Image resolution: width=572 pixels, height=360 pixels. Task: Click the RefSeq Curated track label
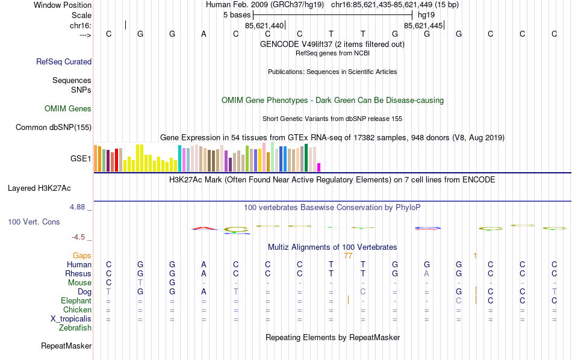(x=64, y=61)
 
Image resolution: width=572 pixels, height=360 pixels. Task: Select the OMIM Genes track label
(x=68, y=109)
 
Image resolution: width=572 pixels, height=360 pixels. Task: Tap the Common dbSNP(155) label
(x=54, y=127)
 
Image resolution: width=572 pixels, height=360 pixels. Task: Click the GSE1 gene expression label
(x=81, y=159)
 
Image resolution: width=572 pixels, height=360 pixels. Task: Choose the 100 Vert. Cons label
(x=34, y=222)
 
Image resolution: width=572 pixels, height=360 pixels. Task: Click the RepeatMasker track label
(x=66, y=346)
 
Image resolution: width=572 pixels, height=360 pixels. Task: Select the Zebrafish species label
(x=75, y=328)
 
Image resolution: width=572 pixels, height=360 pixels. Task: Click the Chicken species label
(x=77, y=310)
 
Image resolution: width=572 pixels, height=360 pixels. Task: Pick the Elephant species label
(x=76, y=301)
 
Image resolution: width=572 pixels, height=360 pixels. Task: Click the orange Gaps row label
(x=82, y=256)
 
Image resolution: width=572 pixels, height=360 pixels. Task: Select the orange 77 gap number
(x=347, y=256)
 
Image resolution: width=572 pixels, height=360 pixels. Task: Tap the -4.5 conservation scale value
(x=79, y=237)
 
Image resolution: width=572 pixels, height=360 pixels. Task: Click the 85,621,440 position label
(x=264, y=26)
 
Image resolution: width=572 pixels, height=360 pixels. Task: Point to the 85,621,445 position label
(x=423, y=26)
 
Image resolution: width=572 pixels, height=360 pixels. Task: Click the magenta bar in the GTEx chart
(x=319, y=167)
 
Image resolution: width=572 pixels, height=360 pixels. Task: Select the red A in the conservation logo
(x=204, y=228)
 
